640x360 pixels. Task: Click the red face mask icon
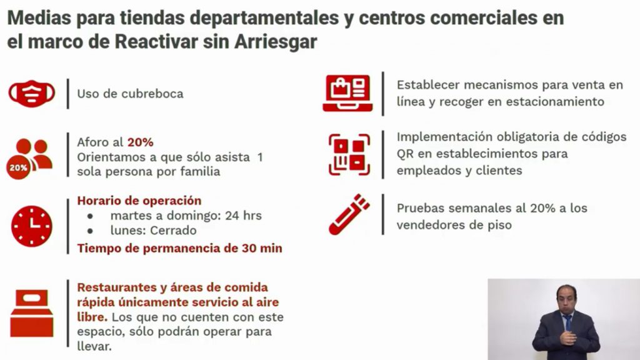pyautogui.click(x=32, y=94)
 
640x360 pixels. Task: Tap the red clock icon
pyautogui.click(x=32, y=226)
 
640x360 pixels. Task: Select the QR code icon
pyautogui.click(x=349, y=155)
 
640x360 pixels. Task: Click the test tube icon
pyautogui.click(x=349, y=214)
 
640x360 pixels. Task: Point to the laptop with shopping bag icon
pyautogui.click(x=347, y=93)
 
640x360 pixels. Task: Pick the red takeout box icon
pyautogui.click(x=32, y=313)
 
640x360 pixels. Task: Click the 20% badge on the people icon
pyautogui.click(x=18, y=167)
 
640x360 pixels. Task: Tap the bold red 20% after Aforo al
pyautogui.click(x=141, y=142)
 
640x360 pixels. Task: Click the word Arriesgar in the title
pyautogui.click(x=276, y=42)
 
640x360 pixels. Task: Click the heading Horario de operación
pyautogui.click(x=139, y=201)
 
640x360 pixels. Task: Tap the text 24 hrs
pyautogui.click(x=243, y=215)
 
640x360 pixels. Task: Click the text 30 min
pyautogui.click(x=262, y=248)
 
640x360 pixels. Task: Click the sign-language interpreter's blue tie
pyautogui.click(x=568, y=322)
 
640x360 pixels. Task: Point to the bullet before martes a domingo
pyautogui.click(x=90, y=216)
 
